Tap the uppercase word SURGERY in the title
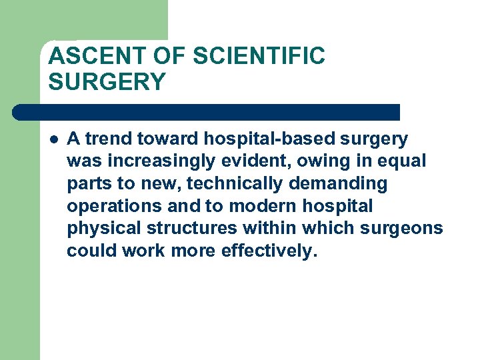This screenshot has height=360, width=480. (x=107, y=82)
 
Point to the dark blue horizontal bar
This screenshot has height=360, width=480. (x=207, y=112)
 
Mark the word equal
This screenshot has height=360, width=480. (x=403, y=162)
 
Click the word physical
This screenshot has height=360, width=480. (x=103, y=229)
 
